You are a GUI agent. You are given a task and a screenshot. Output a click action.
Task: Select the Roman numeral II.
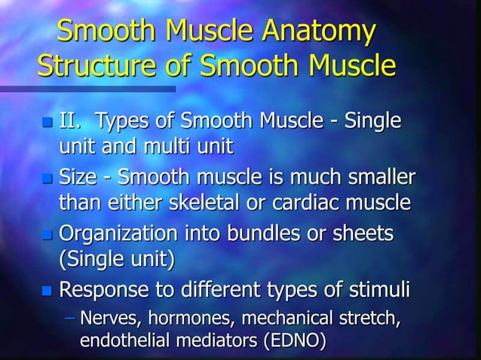click(72, 121)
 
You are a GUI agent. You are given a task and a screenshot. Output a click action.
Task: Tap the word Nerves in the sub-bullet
click(108, 318)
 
